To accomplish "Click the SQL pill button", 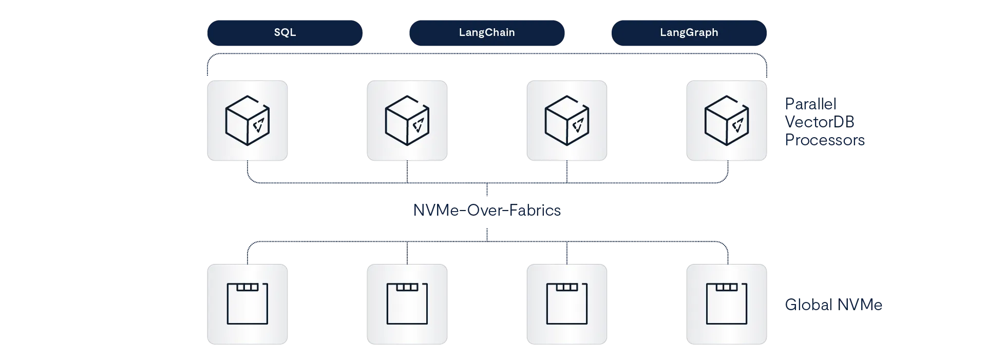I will click(x=285, y=32).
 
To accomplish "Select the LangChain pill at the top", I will click(x=486, y=32).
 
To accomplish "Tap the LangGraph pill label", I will click(x=689, y=32).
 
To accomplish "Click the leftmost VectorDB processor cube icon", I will click(x=247, y=121).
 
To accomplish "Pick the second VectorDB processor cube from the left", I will click(x=407, y=121).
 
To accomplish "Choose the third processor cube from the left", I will click(x=566, y=121).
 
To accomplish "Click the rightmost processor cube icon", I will click(x=726, y=121).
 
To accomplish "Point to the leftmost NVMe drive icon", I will click(x=247, y=304).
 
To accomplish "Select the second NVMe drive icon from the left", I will click(x=407, y=304).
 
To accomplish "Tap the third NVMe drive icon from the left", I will click(x=566, y=304).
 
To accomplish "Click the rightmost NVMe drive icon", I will click(x=726, y=304).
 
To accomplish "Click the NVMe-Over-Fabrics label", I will click(x=486, y=210).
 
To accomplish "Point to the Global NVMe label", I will click(x=833, y=305).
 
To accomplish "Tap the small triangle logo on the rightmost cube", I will click(x=738, y=125).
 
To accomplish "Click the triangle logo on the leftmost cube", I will click(x=259, y=125).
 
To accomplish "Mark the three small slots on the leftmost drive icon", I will click(x=247, y=288).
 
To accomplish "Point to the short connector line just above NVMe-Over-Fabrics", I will click(x=486, y=191).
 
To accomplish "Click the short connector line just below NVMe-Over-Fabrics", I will click(x=486, y=233).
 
